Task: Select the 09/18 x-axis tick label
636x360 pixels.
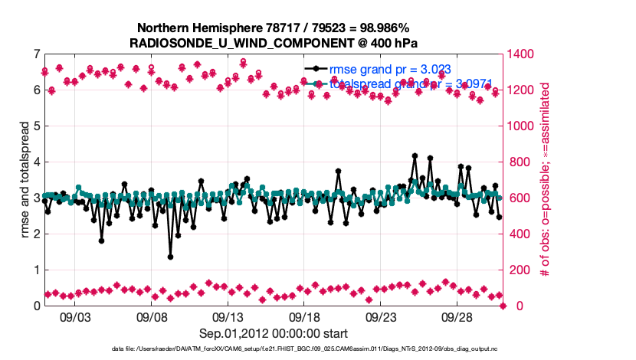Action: coord(304,316)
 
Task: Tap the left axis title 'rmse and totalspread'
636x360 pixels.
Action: coord(23,180)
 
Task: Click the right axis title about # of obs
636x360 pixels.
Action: coord(545,180)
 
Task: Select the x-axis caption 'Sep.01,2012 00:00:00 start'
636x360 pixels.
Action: coord(274,333)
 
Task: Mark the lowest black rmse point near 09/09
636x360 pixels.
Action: coord(170,257)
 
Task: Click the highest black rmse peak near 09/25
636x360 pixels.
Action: coord(415,155)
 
